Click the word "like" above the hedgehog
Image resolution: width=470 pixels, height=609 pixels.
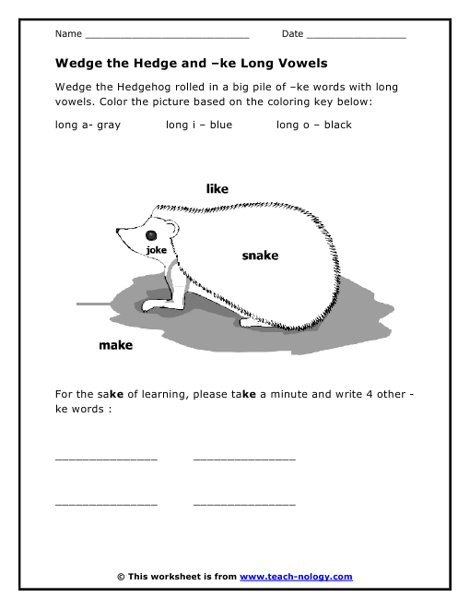(x=217, y=188)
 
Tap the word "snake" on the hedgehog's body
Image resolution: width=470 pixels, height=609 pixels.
(x=260, y=256)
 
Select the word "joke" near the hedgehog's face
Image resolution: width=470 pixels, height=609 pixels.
(x=156, y=249)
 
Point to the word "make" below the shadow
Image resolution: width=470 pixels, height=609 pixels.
(x=115, y=346)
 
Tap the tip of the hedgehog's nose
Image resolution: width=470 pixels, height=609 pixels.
(x=117, y=228)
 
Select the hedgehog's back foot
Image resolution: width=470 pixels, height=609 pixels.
(x=253, y=323)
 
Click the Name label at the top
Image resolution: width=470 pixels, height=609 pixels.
(x=68, y=34)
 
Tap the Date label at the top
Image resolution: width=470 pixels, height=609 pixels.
(x=292, y=34)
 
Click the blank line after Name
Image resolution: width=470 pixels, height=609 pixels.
(x=167, y=37)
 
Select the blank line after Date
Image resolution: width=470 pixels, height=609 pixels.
(x=356, y=37)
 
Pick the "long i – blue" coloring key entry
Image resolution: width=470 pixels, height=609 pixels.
(x=199, y=125)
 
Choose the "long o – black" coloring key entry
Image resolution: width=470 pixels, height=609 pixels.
(x=314, y=125)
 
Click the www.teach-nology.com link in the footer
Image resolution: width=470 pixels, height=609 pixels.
(x=296, y=577)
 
